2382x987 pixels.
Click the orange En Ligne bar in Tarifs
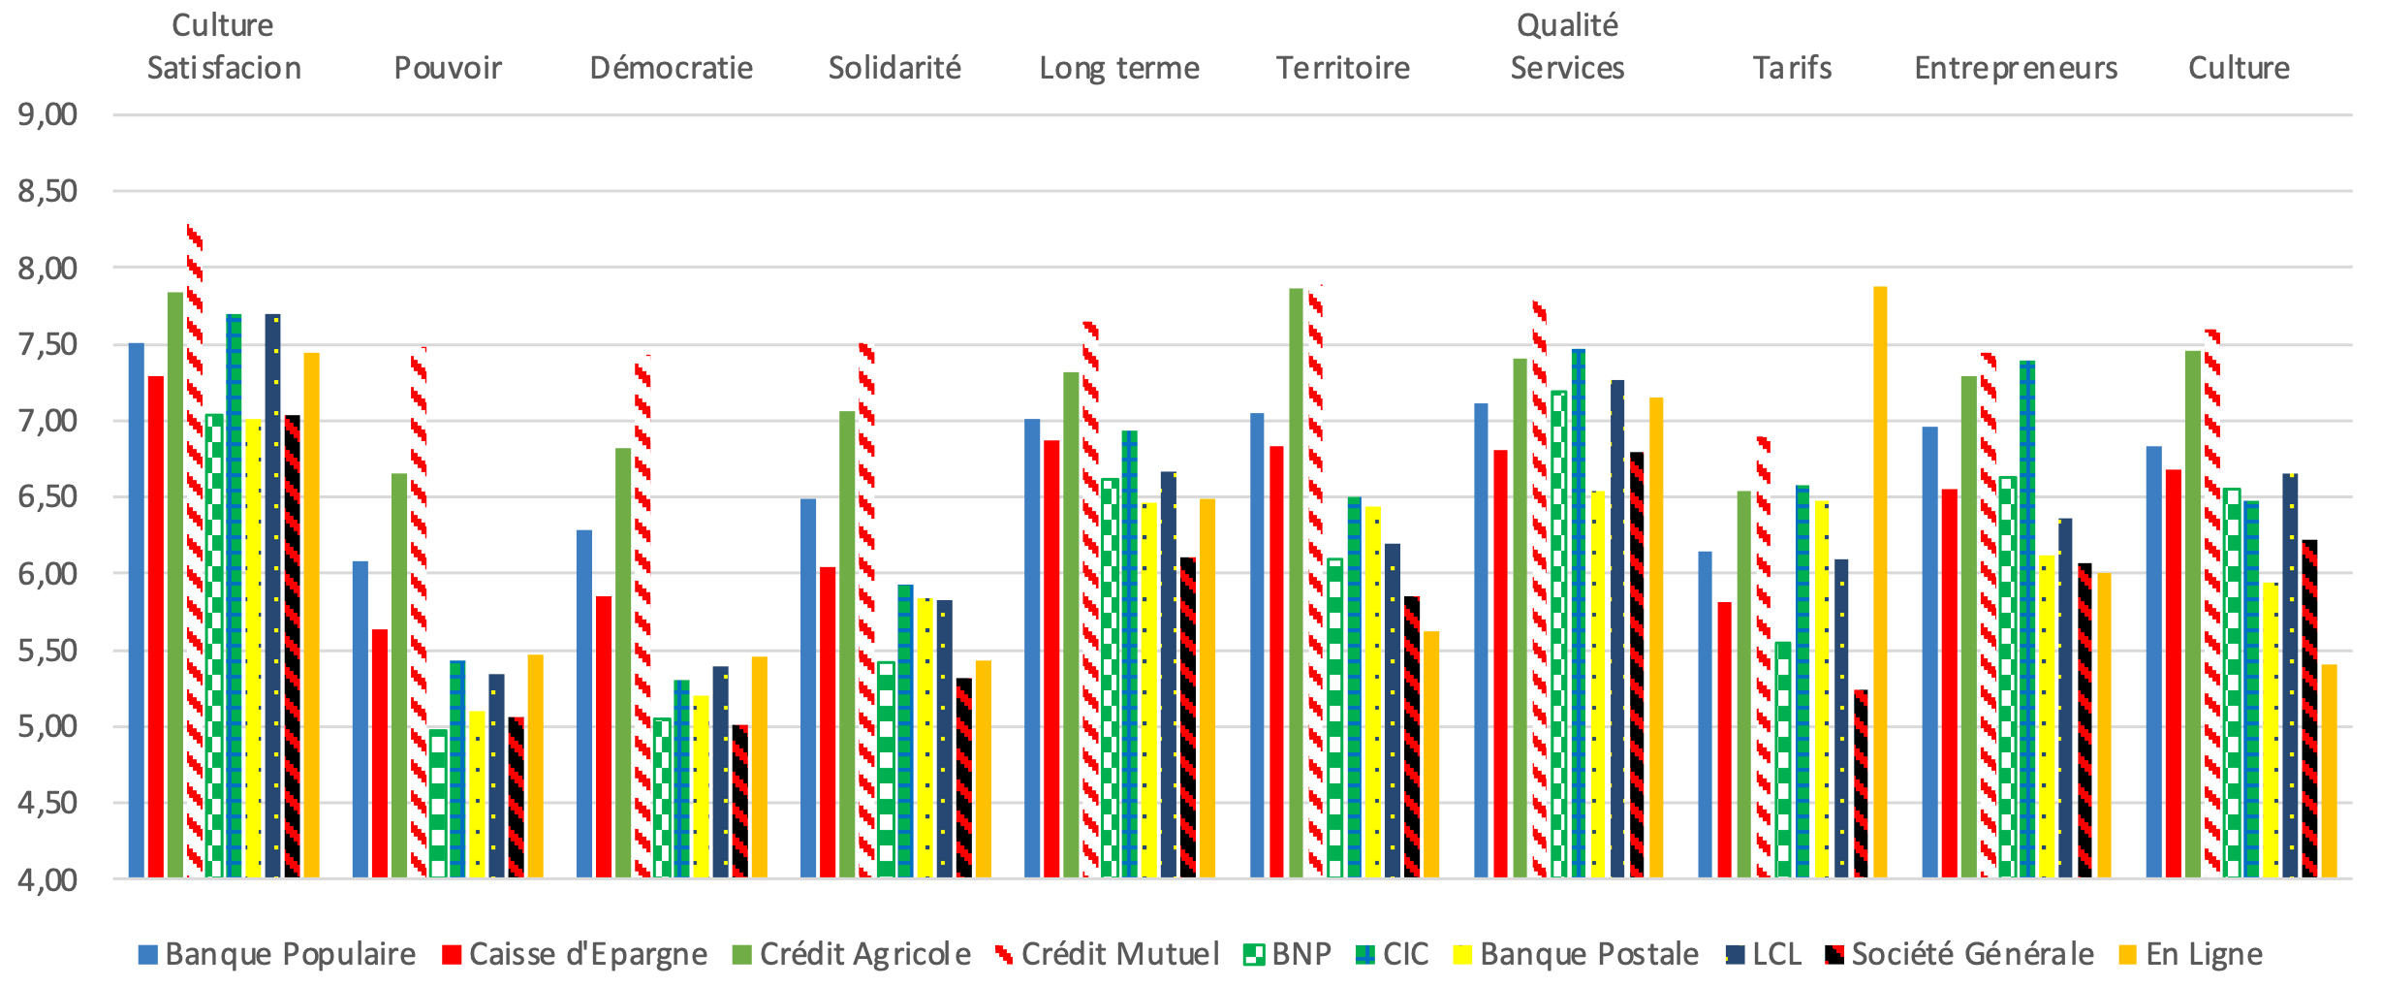(1880, 582)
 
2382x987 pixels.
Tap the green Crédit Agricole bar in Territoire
(1296, 582)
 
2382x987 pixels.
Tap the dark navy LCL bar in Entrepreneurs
(2065, 698)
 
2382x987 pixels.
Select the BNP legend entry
(1289, 954)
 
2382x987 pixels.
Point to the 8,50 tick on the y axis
(47, 191)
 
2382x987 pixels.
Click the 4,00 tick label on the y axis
(47, 879)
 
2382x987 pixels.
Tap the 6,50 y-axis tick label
(47, 496)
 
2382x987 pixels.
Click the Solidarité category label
(894, 68)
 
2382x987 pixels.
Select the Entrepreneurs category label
(2016, 68)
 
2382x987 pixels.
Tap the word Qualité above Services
(1567, 25)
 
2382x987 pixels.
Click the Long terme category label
(1119, 68)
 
